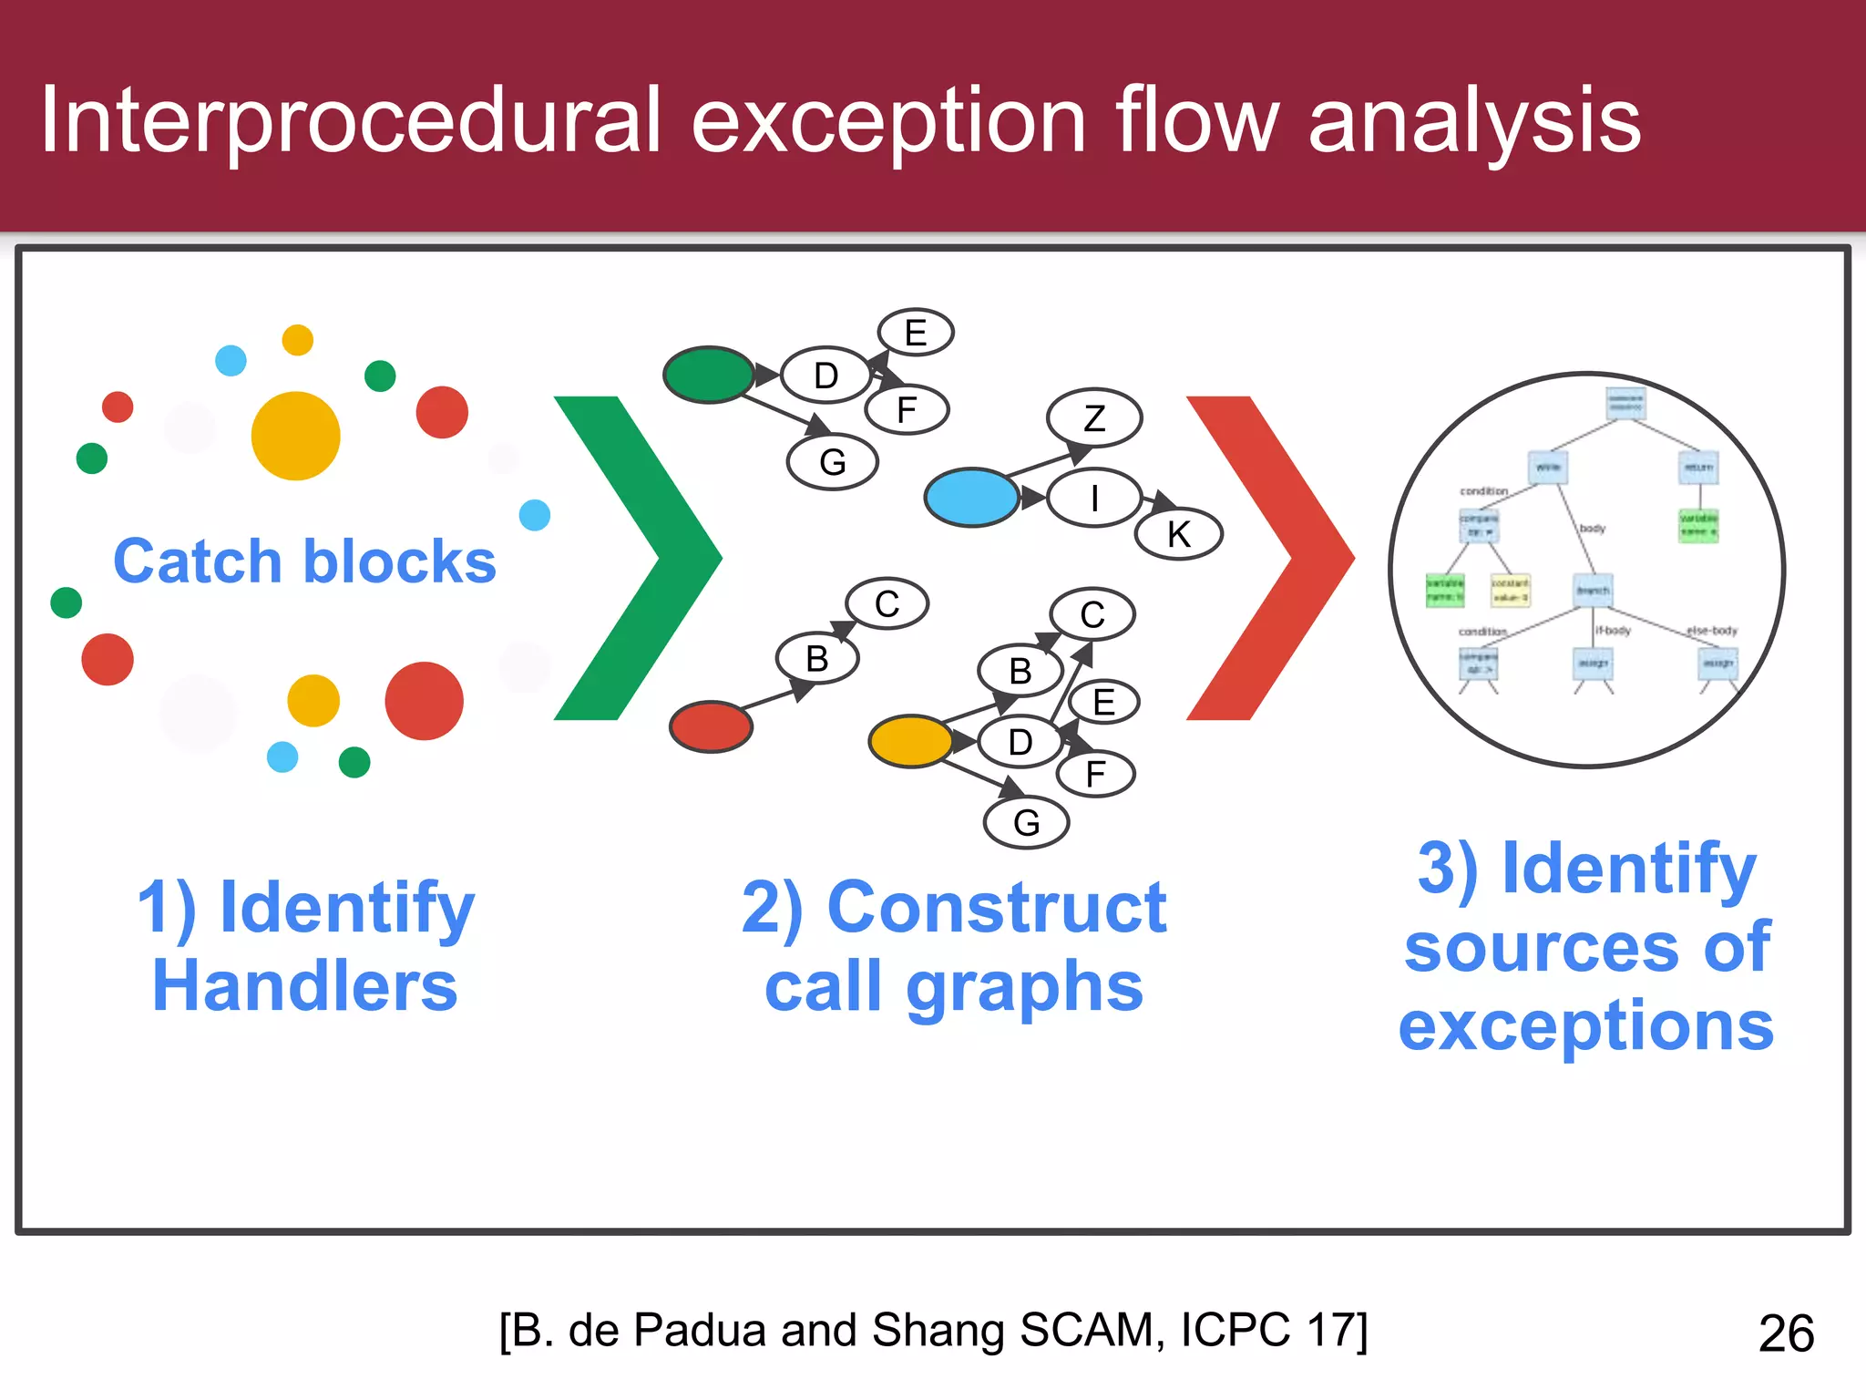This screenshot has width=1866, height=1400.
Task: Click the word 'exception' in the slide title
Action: [888, 121]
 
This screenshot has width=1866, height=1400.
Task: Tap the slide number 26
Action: [1786, 1333]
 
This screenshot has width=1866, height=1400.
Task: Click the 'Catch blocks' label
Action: [304, 561]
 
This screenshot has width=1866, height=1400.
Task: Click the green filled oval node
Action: [709, 375]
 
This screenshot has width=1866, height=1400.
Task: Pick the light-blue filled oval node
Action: [971, 498]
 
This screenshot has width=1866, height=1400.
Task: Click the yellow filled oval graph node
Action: [910, 741]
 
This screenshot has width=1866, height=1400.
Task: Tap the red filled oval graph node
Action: [711, 726]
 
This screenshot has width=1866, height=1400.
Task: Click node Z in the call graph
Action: [1094, 418]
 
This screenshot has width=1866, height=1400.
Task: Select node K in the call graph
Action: [1178, 535]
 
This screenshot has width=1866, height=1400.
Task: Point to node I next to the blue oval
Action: [1094, 498]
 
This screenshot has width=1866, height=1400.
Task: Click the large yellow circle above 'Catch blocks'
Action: [295, 436]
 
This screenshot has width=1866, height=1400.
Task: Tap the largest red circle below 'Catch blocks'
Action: [424, 701]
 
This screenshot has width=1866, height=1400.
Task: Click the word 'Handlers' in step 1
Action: [304, 986]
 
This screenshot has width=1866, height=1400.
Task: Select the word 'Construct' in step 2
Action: [996, 908]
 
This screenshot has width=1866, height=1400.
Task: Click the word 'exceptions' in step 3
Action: [1585, 1025]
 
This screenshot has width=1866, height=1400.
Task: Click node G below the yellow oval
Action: [1026, 823]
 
